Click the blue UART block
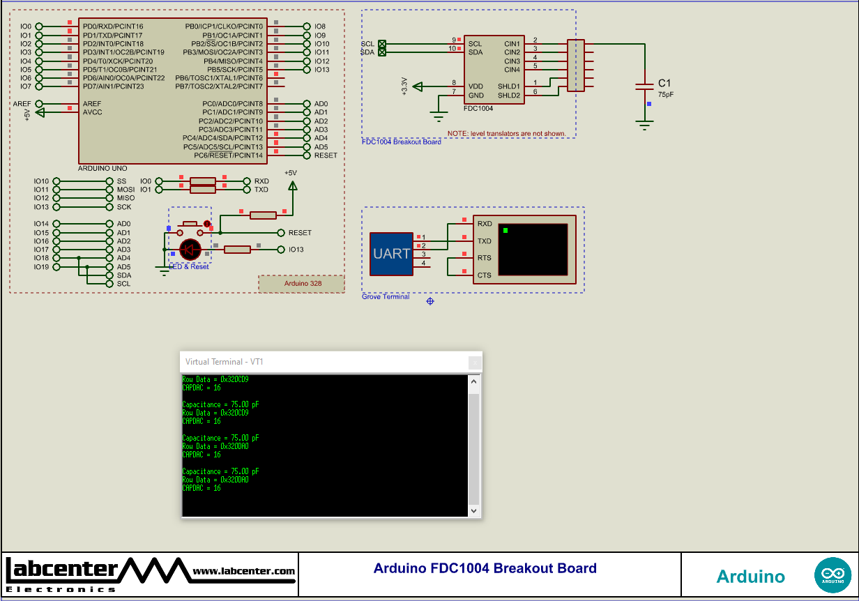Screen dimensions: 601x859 391,254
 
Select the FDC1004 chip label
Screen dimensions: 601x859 478,109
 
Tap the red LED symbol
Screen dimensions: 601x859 190,249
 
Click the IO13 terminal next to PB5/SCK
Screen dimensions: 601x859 321,70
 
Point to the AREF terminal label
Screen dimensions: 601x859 22,104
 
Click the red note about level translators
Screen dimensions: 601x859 506,133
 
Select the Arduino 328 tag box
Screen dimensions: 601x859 301,284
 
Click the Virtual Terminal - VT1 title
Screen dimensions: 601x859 224,362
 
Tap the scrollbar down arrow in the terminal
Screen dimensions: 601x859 474,511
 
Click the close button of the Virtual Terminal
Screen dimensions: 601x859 475,362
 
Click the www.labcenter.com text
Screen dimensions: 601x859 243,572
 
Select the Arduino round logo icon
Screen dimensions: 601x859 833,576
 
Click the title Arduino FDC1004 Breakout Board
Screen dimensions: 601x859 485,568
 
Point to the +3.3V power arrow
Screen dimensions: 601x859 418,86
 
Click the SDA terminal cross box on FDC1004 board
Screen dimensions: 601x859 381,52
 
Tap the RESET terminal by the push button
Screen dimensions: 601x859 300,233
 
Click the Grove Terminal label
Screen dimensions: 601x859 385,297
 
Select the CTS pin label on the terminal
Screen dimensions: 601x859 484,275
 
